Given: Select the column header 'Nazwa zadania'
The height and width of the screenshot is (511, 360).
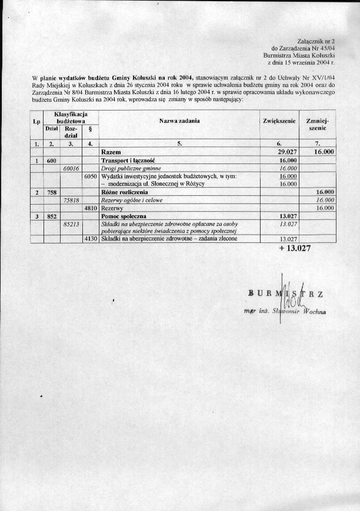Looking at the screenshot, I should point(179,120).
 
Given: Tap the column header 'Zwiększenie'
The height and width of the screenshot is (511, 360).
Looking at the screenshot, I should point(278,120).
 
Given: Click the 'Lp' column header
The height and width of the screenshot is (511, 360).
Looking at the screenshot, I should point(36,123).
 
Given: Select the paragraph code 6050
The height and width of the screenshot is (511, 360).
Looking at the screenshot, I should point(90,176).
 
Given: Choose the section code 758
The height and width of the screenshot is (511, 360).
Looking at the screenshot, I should point(51,192).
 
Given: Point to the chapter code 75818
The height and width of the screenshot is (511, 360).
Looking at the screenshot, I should point(71,201).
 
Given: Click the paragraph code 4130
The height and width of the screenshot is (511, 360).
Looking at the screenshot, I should point(90,239).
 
